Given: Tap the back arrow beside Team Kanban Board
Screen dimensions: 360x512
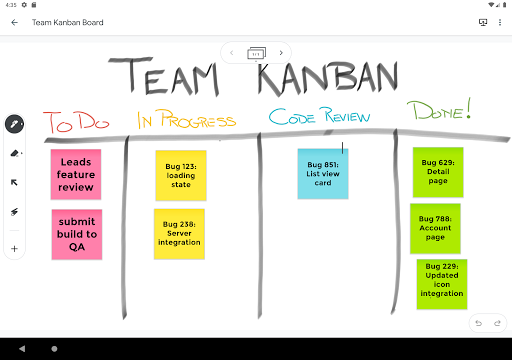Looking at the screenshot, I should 14,21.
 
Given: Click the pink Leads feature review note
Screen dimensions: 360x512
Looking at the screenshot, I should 76,174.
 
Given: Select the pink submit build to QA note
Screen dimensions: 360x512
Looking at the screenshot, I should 76,234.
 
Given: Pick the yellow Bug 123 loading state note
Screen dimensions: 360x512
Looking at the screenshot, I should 181,176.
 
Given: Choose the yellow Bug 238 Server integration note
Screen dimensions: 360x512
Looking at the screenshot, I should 179,234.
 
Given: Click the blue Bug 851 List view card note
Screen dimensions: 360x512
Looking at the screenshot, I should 323,174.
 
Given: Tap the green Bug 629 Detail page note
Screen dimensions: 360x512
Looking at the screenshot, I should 438,172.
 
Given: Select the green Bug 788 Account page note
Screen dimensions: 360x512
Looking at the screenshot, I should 435,228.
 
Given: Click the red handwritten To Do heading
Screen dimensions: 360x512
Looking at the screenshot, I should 75,123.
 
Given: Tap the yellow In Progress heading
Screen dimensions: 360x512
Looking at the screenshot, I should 188,119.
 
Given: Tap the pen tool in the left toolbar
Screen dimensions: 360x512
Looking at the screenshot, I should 15,125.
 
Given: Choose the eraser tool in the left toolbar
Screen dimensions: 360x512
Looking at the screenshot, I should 15,154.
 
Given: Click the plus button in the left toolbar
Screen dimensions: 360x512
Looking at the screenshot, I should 15,248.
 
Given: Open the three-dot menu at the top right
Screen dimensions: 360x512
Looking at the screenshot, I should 499,21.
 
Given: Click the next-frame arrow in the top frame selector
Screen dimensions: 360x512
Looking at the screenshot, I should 281,52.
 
